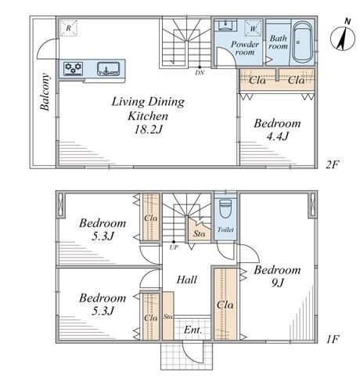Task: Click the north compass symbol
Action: (343, 38)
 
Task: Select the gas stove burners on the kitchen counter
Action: (74, 69)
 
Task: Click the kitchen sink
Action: (109, 69)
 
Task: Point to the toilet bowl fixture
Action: (225, 209)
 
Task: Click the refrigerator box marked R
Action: (68, 28)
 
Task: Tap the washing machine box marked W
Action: (253, 28)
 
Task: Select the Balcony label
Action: (45, 92)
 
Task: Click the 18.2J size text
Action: (148, 129)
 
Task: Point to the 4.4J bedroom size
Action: (277, 136)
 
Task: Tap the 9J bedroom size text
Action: (277, 283)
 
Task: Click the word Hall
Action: (186, 280)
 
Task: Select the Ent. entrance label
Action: (193, 330)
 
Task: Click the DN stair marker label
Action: (200, 73)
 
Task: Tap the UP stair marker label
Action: (174, 247)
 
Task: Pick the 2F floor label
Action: (332, 164)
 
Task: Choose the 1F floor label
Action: (332, 339)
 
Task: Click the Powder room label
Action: (245, 48)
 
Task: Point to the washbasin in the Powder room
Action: (225, 25)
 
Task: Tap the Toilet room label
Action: (225, 229)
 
